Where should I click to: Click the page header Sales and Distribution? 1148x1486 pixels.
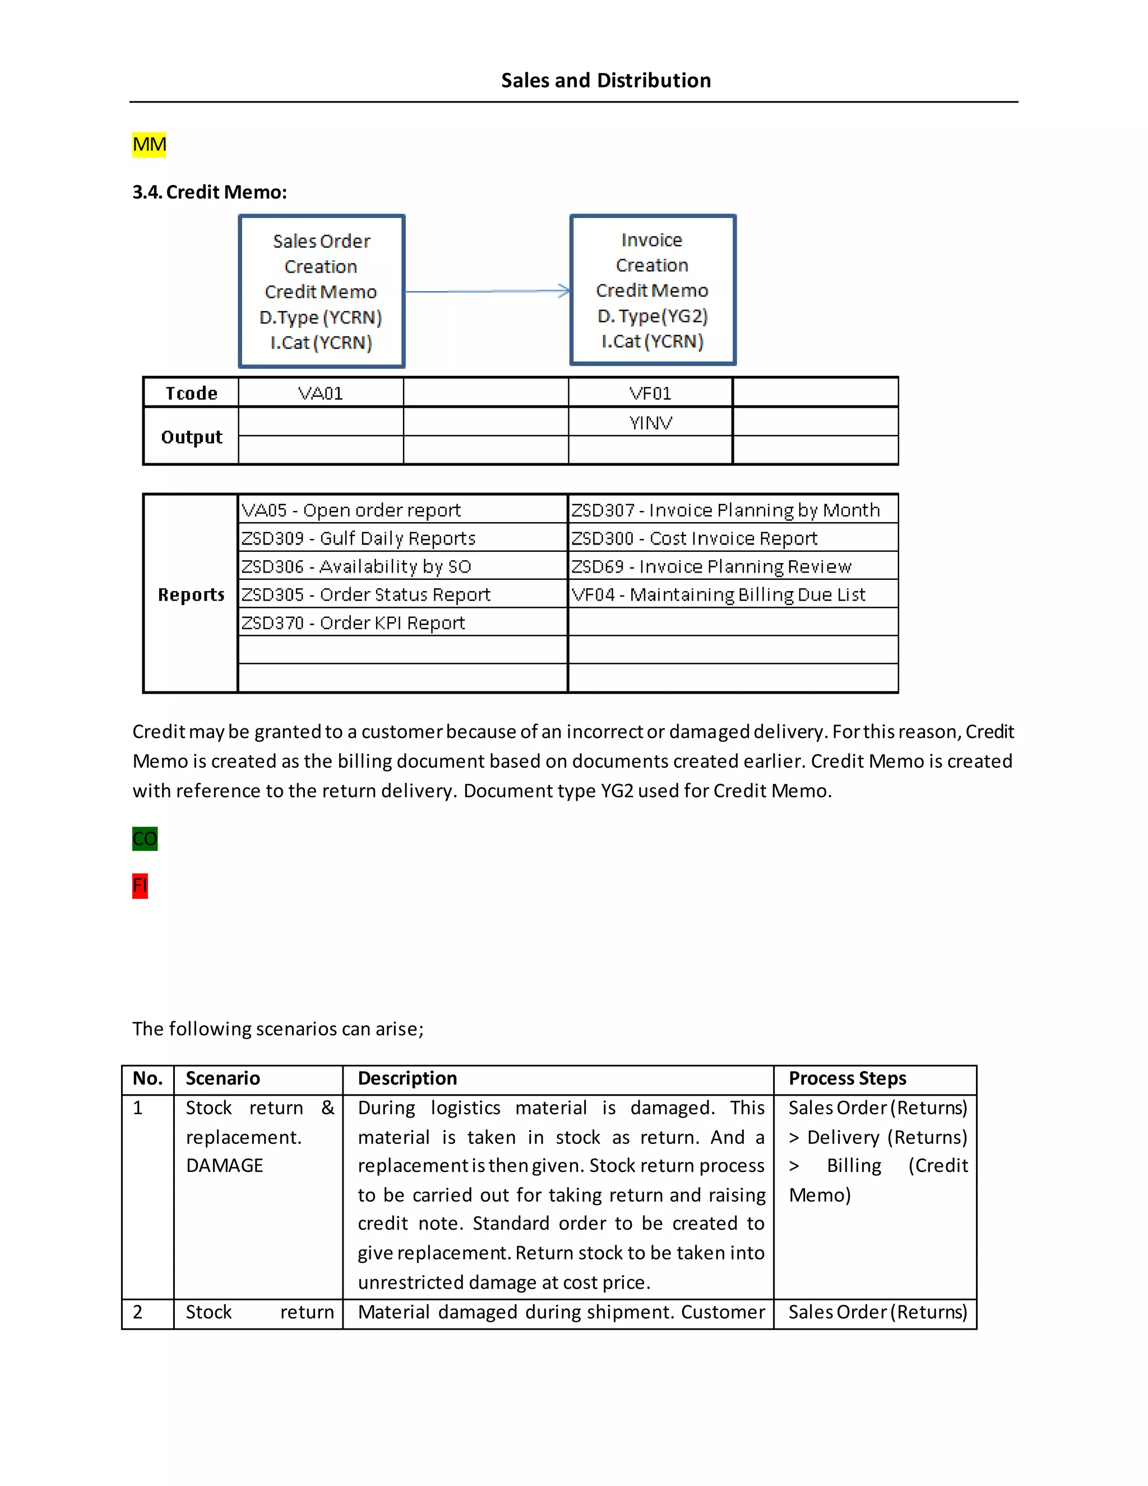tap(605, 80)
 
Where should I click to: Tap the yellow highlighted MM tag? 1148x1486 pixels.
tap(149, 144)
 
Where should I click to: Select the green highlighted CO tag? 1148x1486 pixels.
tap(145, 838)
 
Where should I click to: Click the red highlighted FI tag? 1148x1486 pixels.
tap(140, 885)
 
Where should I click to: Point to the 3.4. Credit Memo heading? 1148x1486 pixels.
tap(210, 192)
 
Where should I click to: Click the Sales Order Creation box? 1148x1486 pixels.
tap(322, 291)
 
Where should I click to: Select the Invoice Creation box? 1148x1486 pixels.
tap(652, 290)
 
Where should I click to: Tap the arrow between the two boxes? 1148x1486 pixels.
tap(487, 291)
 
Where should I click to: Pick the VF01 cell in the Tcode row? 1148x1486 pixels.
tap(650, 393)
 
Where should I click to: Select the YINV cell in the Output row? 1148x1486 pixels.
tap(650, 423)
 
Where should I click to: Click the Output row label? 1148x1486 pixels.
tap(191, 437)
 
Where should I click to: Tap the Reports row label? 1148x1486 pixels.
tap(191, 594)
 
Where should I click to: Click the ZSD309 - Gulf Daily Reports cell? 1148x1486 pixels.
tap(358, 538)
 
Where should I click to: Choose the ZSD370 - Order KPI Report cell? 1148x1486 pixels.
tap(353, 622)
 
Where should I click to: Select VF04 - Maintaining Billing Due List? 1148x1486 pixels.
tap(718, 594)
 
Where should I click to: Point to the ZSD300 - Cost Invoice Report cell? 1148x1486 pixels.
tap(694, 538)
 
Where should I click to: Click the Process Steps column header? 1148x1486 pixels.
tap(848, 1078)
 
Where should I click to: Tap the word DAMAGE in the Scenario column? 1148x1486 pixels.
tap(224, 1166)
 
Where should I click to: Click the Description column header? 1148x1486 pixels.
tap(408, 1078)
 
